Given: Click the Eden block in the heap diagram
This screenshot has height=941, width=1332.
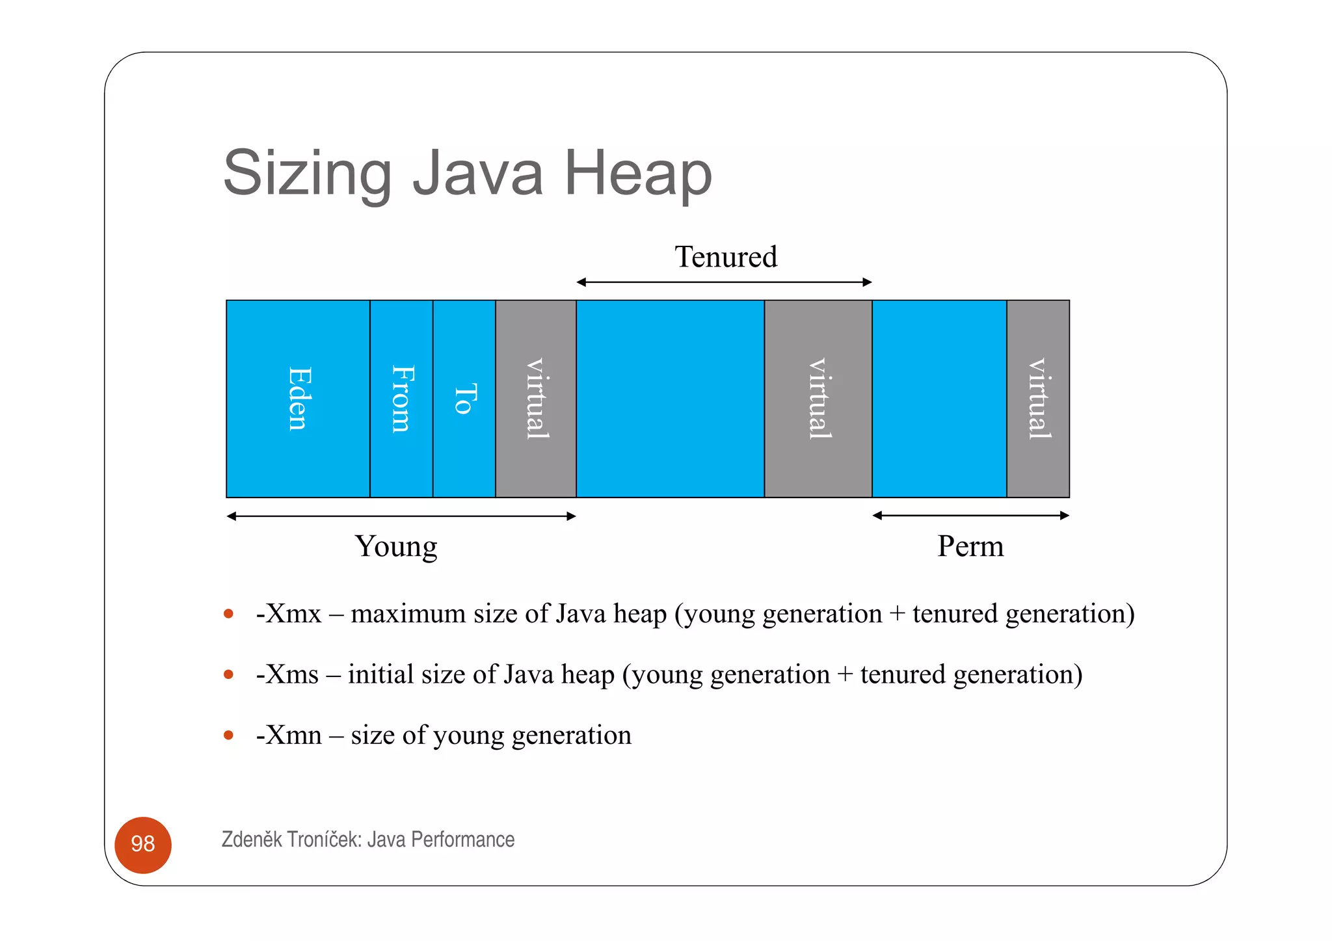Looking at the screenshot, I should (298, 399).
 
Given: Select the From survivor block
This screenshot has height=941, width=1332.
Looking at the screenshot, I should (401, 399).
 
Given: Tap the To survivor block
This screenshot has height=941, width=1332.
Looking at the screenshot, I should (464, 399).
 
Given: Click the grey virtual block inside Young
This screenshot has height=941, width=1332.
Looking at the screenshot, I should (536, 399).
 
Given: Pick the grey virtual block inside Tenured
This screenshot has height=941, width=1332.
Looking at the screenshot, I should (818, 399).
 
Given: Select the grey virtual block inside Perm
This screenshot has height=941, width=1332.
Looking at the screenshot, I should (1038, 399).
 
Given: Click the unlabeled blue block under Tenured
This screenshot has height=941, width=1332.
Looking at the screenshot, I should (670, 399).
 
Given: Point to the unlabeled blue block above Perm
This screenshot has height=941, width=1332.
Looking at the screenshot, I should (939, 399).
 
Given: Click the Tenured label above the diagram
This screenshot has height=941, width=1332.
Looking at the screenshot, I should (726, 257).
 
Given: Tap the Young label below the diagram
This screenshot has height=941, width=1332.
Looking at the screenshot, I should (396, 546).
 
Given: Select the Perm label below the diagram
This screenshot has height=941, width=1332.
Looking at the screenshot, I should (970, 546).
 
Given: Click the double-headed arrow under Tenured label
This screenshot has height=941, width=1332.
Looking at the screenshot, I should (724, 282).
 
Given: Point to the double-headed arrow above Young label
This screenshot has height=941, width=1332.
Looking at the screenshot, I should (401, 516).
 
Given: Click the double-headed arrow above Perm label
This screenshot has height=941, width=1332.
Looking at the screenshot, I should (970, 516).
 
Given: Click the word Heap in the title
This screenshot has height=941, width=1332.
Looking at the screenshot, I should (638, 173).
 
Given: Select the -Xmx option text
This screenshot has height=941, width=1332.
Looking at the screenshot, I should (289, 614).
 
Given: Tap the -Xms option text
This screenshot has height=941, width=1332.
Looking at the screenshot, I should (287, 674).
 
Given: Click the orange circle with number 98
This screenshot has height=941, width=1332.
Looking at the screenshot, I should (143, 845).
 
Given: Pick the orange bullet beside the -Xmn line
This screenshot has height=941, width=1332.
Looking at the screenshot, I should (228, 736).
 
